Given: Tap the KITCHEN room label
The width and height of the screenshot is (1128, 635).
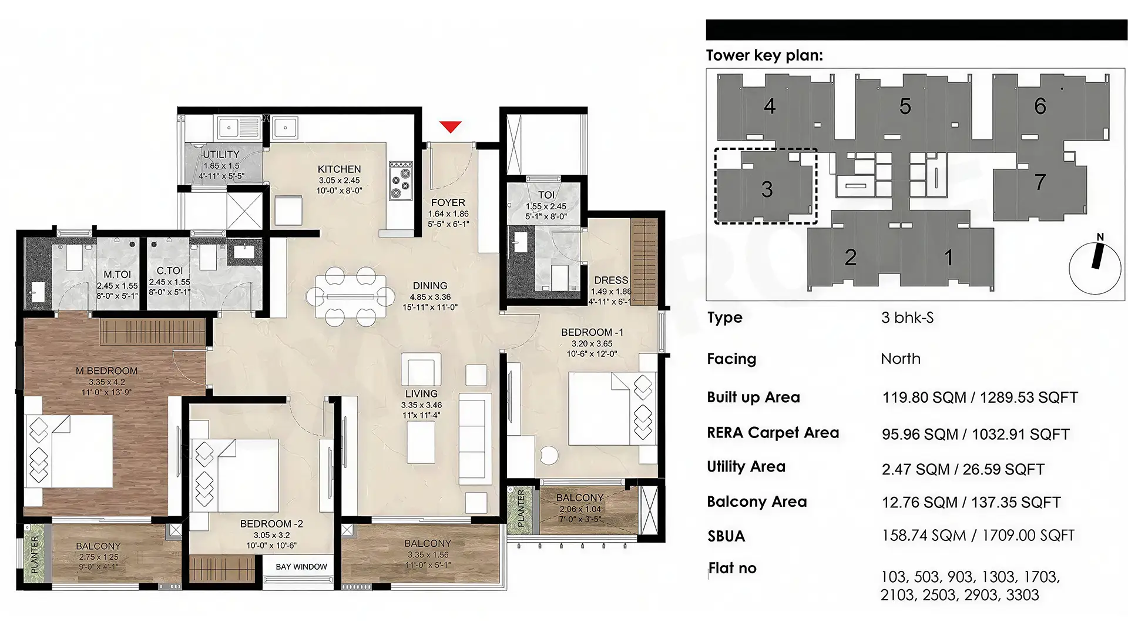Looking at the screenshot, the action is (339, 169).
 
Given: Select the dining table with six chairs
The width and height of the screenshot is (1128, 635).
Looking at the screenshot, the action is (351, 296).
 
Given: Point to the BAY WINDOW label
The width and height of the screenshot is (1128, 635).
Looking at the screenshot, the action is (301, 567).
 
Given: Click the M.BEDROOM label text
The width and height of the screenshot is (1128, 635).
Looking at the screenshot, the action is (106, 371).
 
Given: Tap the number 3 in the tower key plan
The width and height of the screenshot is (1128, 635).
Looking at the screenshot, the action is (767, 189).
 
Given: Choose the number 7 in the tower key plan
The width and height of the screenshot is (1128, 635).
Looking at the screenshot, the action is (1040, 182).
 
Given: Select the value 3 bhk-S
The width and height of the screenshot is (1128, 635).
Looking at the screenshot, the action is (907, 318).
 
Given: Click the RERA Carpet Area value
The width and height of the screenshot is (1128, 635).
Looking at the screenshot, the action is (976, 435).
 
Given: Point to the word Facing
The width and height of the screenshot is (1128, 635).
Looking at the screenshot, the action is (731, 359).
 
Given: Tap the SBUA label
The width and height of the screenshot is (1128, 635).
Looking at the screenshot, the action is (726, 536).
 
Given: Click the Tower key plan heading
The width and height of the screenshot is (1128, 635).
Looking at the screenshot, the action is (764, 55).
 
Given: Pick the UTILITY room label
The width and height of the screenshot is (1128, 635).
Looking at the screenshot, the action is (221, 155).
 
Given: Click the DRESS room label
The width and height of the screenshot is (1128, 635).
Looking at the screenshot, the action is (611, 280).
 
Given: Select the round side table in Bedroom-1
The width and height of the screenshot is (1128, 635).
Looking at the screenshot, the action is (550, 455).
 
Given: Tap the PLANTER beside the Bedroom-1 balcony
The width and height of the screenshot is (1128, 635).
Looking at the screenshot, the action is (521, 509).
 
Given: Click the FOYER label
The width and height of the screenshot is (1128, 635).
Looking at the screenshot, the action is (448, 203).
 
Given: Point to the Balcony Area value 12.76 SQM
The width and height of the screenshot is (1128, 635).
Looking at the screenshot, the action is (919, 503).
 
